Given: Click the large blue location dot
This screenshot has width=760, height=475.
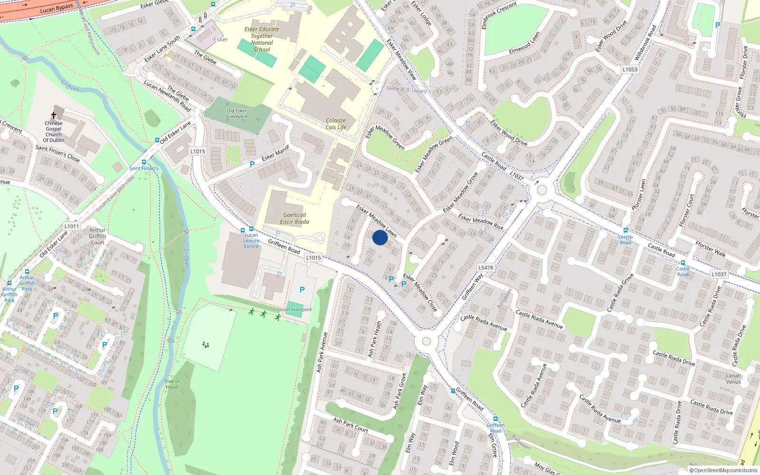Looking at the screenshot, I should (x=380, y=237).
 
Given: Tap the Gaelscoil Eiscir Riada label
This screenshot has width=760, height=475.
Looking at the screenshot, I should (x=294, y=218).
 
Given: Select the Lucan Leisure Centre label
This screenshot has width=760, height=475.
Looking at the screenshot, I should (x=251, y=240).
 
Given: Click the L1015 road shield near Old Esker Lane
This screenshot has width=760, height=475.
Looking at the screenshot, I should (x=198, y=152).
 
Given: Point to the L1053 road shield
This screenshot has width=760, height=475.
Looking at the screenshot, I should (x=630, y=69).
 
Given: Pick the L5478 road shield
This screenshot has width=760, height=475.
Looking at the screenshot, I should (x=485, y=267).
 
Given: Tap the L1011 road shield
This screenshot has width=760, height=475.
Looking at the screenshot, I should (x=72, y=226).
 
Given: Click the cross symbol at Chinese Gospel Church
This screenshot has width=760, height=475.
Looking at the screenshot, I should (x=54, y=115).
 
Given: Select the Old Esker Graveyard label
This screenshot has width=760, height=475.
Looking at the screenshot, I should (x=237, y=114).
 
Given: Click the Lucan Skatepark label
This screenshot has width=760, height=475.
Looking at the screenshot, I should (x=294, y=309).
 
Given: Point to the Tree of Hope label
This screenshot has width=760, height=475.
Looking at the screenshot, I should (x=172, y=384).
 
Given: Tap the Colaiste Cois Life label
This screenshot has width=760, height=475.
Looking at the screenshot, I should (x=336, y=124).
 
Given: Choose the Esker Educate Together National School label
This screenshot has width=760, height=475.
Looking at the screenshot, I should (x=262, y=39).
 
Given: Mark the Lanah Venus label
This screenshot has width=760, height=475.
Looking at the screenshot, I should (x=733, y=379).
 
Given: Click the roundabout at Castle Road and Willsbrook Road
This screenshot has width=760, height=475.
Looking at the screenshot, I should (x=541, y=190).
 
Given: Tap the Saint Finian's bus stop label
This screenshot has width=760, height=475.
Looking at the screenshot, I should (x=143, y=168).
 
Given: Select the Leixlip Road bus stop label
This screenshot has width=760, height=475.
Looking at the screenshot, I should (x=626, y=239).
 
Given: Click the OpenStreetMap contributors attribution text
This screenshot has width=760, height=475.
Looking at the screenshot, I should (x=725, y=470).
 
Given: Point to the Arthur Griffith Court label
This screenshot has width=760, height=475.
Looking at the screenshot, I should (x=97, y=236).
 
